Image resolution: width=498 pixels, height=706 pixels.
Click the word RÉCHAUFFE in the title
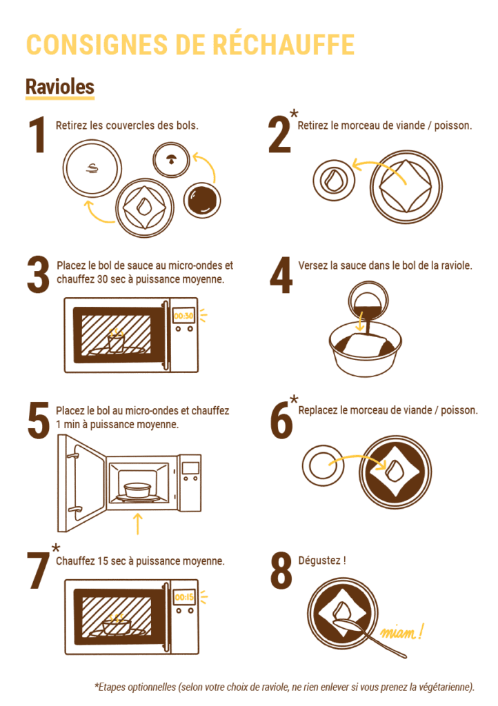(283, 44)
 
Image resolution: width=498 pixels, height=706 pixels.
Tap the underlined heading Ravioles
(60, 87)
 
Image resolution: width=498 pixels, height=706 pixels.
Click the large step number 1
(37, 134)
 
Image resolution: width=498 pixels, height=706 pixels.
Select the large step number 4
(281, 274)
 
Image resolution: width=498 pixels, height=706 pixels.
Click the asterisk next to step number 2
(294, 114)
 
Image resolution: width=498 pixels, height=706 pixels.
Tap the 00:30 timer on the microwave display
(183, 316)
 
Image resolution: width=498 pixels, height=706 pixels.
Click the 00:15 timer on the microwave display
(184, 598)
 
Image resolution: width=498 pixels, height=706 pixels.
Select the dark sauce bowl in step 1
(202, 200)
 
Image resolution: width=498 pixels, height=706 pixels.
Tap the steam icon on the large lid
(92, 169)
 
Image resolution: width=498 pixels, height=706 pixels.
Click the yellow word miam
(399, 633)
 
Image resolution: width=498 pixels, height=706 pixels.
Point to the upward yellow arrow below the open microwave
(138, 524)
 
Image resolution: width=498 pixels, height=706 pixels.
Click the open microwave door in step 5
(81, 482)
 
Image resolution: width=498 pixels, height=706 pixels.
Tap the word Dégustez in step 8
(319, 561)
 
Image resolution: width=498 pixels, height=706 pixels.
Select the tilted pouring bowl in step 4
(368, 301)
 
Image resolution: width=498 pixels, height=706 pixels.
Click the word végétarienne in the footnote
(445, 687)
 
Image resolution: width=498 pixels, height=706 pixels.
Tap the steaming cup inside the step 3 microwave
(116, 341)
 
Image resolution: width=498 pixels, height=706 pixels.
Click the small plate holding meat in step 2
(334, 180)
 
